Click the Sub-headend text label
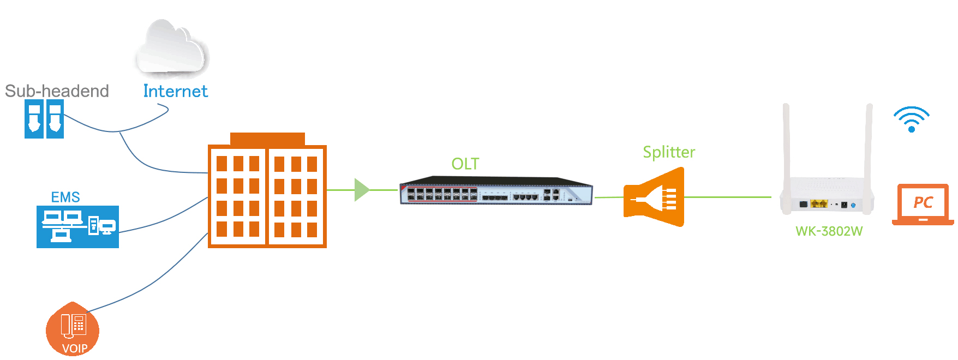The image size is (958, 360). pos(57,91)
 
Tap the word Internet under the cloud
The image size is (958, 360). pos(175,91)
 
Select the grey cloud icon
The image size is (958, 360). pos(171,48)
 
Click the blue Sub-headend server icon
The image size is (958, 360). pos(44,118)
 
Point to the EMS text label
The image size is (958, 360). pos(65,197)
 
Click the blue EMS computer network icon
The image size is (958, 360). pos(77,227)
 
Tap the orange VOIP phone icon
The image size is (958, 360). pos(73,328)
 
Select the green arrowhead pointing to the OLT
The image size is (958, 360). pos(361,190)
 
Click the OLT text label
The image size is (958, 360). pos(465,164)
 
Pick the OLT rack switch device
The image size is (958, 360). pos(496,191)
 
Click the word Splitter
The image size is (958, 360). pos(669,152)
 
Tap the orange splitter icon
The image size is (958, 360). pos(654,197)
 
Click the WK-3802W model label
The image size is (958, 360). pos(829,231)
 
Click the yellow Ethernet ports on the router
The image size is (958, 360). pos(818,203)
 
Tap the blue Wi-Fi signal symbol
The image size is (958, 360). pos(911,120)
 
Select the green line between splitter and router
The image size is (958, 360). pos(727,197)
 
